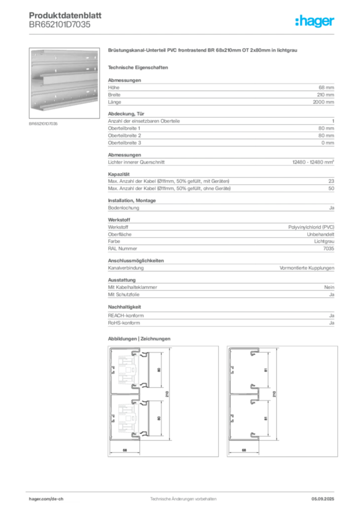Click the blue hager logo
click(x=316, y=21)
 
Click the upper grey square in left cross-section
click(x=129, y=370)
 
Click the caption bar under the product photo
click(x=44, y=124)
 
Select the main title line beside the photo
click(x=202, y=51)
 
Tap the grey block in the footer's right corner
click(x=326, y=497)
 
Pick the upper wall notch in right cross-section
click(x=232, y=370)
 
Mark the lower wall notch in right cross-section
click(x=232, y=419)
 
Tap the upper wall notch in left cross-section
click(x=112, y=370)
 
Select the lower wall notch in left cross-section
click(x=112, y=419)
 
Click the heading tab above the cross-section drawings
click(x=139, y=338)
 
